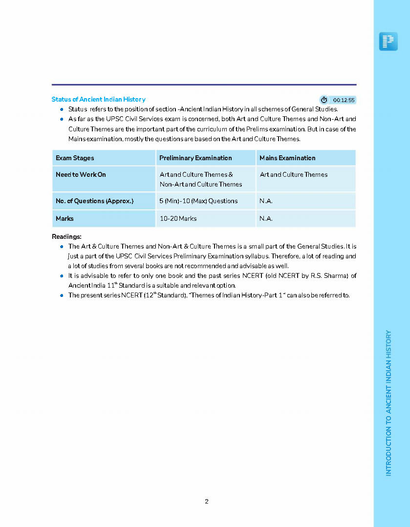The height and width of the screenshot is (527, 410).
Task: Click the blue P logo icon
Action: pos(388,42)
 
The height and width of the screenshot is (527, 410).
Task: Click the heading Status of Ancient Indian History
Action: pos(98,100)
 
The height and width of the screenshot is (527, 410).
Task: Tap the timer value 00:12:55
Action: pos(344,100)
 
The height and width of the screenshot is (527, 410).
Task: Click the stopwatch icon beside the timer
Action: pos(324,100)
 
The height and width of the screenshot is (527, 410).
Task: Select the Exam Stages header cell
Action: pos(75,158)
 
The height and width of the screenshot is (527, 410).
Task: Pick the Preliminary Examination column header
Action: pos(195,158)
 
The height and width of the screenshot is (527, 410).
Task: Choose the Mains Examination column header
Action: pos(287,158)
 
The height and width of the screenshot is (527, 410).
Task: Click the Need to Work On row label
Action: pos(81,175)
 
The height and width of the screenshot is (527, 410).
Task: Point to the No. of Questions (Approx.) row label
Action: pos(94,201)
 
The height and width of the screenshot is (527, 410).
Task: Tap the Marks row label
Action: pos(65,219)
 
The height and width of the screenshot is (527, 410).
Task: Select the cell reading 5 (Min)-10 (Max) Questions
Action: pos(198,201)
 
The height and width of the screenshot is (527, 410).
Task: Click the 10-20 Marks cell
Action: pos(178,219)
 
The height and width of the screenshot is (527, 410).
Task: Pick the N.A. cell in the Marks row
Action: pos(266,219)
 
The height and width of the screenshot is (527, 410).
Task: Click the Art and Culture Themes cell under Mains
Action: pos(294,175)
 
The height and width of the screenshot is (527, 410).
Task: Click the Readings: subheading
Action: pos(66,237)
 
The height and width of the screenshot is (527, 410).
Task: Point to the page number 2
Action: pos(207,502)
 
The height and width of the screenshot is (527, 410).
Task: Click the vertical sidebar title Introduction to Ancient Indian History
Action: pos(388,403)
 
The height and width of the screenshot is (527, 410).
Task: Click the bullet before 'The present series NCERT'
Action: pos(62,295)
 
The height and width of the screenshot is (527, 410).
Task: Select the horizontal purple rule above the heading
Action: pos(204,85)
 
